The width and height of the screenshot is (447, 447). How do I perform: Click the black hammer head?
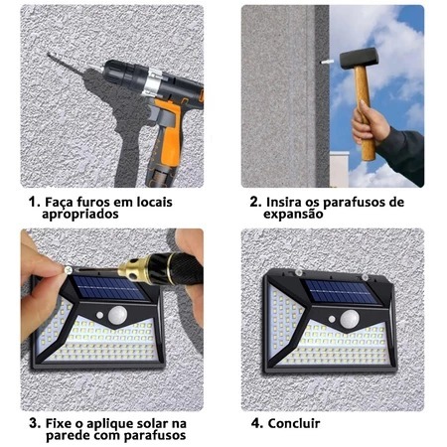(x=359, y=58)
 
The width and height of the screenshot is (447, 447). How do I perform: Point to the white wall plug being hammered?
(x=325, y=62)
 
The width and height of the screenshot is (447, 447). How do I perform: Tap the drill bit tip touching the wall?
(x=50, y=55)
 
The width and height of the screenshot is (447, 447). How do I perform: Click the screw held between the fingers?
(x=69, y=269)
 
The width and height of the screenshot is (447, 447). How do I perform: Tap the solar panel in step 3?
(x=108, y=288)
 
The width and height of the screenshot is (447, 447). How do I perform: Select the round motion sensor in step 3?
(x=117, y=315)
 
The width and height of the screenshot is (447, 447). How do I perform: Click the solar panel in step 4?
(x=341, y=292)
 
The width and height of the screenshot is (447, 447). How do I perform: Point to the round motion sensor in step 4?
(x=350, y=319)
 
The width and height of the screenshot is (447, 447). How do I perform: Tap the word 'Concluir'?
(x=294, y=423)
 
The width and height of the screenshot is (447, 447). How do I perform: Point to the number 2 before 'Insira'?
(x=255, y=202)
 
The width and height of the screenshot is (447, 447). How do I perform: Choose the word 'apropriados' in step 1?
(x=80, y=214)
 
